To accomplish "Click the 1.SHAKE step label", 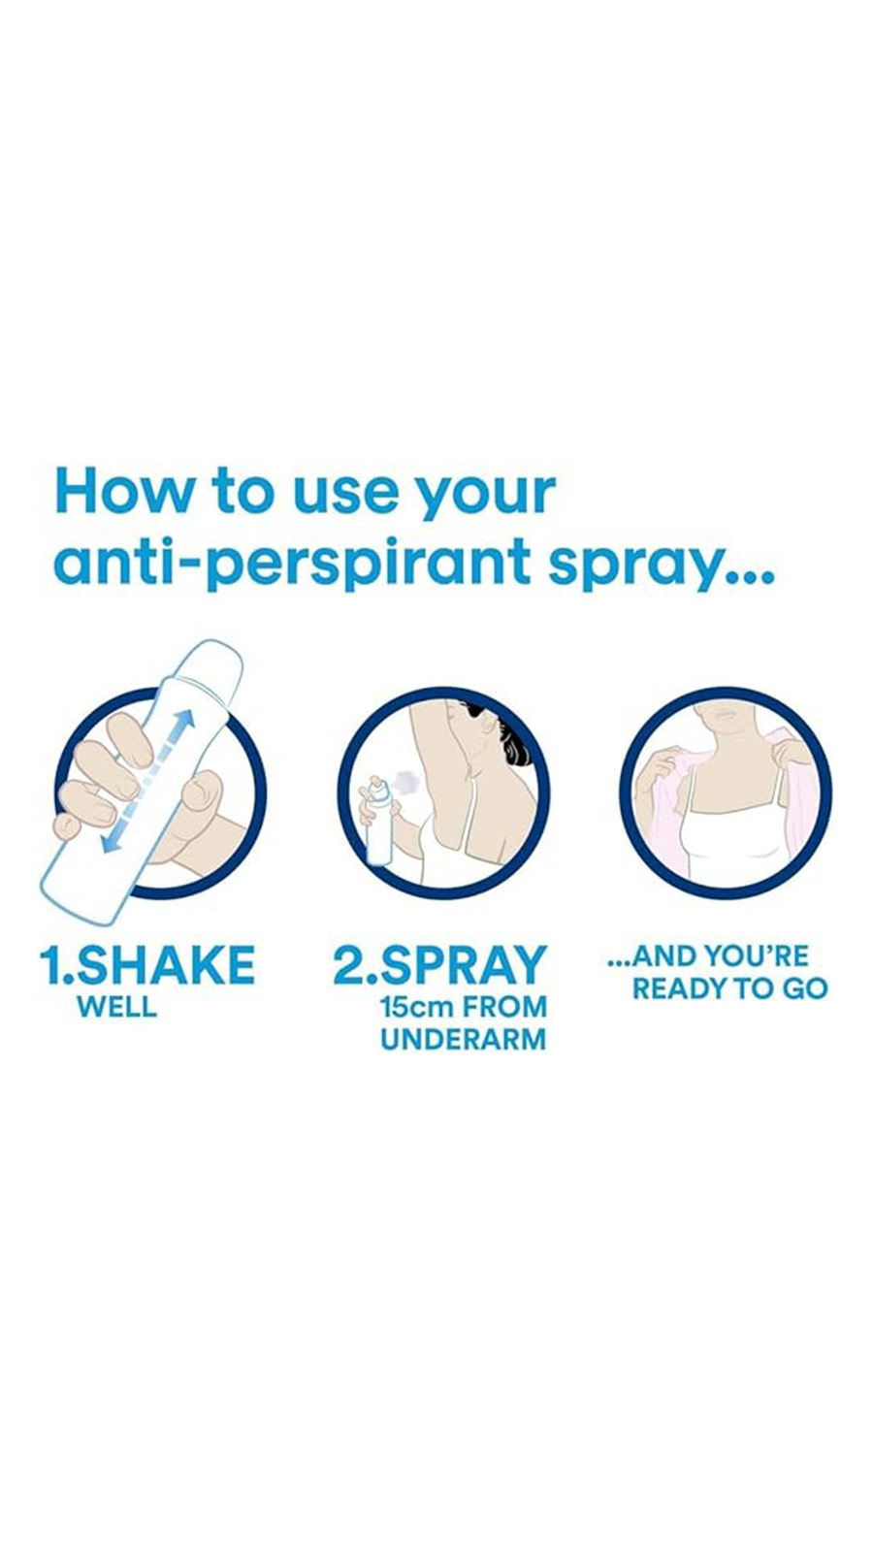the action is [x=146, y=964].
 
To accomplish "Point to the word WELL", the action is [x=117, y=1008].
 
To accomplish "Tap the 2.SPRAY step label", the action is [x=440, y=964].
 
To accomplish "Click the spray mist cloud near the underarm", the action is [x=407, y=782].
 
